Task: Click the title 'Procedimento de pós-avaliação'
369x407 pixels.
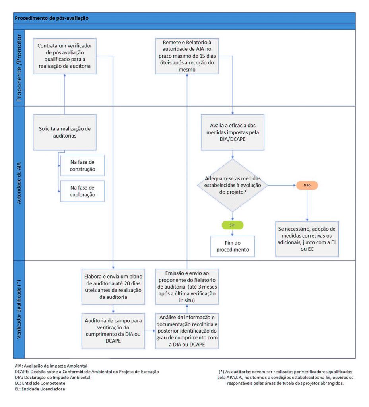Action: (x=51, y=18)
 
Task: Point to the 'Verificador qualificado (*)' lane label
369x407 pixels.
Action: (x=19, y=309)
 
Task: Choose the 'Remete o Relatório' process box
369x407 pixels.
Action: (x=187, y=56)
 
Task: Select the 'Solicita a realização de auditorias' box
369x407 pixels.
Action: (x=64, y=132)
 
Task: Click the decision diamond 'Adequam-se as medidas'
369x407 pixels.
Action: (x=233, y=185)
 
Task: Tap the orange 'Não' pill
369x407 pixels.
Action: (x=307, y=185)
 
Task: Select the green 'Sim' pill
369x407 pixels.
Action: (x=233, y=225)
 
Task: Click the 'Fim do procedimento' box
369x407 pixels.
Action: (x=233, y=246)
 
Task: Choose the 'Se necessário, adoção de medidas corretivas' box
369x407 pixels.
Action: (x=307, y=239)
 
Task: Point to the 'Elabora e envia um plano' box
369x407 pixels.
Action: (x=114, y=286)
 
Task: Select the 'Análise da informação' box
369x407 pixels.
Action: (x=187, y=330)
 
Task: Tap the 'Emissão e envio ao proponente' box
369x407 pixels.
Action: (x=187, y=286)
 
